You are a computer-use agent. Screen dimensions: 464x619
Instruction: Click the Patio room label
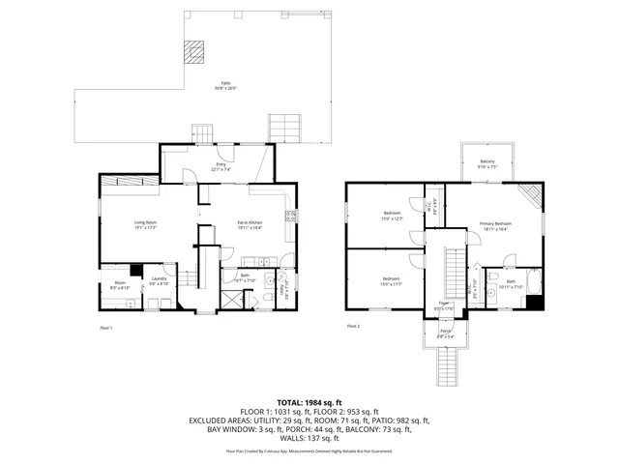tap(225, 86)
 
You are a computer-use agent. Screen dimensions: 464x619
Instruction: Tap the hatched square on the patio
tap(197, 49)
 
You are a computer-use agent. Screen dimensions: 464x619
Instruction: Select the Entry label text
tap(221, 166)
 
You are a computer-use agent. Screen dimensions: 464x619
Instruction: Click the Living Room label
tap(146, 225)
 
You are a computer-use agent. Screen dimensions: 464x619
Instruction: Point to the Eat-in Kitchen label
tap(251, 225)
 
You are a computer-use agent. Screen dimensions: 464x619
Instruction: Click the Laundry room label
tap(160, 282)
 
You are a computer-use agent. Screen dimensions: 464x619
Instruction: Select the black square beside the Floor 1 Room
tap(135, 271)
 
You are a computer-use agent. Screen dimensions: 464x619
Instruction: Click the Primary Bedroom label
tap(495, 226)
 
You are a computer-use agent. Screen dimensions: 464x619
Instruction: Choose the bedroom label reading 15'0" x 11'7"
tap(392, 282)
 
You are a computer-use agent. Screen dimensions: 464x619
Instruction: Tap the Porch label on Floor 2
tap(446, 335)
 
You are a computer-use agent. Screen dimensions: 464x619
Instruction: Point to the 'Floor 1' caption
tap(107, 328)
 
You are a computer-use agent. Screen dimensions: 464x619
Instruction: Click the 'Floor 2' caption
tap(353, 326)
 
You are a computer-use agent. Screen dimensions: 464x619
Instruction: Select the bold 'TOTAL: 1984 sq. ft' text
tap(309, 402)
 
